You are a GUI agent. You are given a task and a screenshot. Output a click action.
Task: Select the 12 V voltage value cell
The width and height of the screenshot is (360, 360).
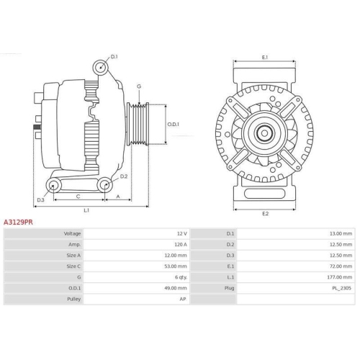tap(181, 234)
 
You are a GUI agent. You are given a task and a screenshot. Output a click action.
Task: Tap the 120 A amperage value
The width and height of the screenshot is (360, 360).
tap(179, 245)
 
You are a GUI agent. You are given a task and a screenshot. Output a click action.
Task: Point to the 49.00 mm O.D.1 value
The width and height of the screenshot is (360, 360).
tap(176, 287)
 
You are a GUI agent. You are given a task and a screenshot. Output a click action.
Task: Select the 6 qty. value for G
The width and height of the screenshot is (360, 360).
tap(180, 276)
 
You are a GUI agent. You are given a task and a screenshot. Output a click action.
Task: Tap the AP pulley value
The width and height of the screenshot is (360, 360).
tap(184, 298)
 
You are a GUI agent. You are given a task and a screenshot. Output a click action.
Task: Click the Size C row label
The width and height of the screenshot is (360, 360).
tap(72, 266)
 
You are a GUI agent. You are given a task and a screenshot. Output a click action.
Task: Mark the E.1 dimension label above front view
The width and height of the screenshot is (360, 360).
tap(265, 57)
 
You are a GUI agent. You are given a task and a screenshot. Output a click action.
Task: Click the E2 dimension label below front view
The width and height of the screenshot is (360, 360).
tap(265, 214)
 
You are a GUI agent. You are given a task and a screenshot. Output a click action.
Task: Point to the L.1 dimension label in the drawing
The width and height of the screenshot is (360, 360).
tap(86, 210)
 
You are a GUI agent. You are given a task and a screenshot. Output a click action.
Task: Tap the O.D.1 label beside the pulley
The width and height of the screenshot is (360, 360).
tap(174, 124)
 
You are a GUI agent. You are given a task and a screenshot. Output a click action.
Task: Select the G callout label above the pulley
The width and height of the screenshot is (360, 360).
tap(139, 86)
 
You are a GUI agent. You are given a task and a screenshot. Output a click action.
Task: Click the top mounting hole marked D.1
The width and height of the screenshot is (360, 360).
tap(100, 68)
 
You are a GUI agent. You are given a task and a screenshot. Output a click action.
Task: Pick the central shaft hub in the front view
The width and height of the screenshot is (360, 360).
tap(265, 132)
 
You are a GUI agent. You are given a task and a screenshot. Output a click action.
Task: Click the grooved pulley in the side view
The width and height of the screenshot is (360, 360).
tap(138, 125)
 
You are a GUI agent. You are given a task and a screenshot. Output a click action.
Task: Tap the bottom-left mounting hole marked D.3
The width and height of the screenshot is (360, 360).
tap(52, 186)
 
